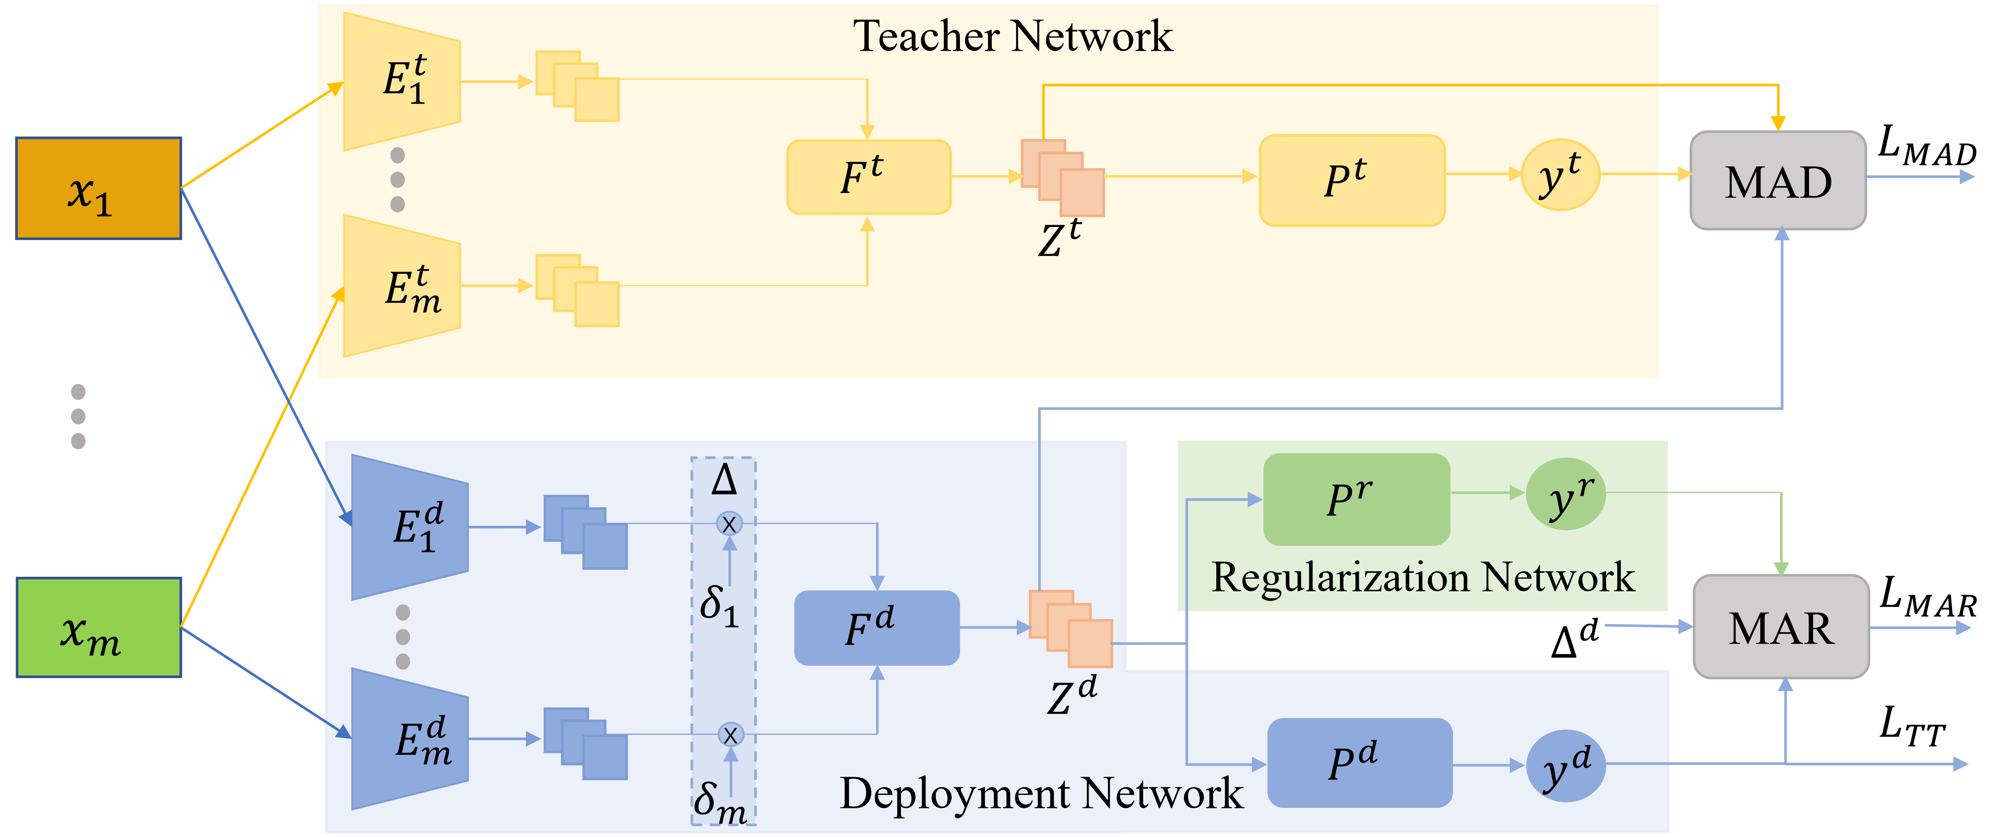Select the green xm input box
point(99,627)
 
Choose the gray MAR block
point(1780,627)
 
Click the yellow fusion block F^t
point(868,177)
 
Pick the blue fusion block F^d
point(876,627)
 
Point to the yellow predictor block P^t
point(1352,180)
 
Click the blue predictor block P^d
point(1359,762)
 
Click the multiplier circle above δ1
point(729,524)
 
